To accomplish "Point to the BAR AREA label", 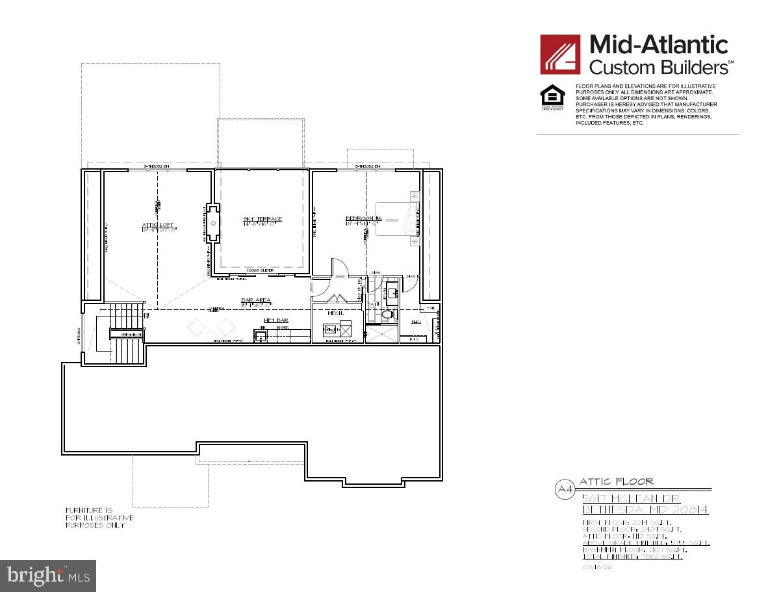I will (255, 300).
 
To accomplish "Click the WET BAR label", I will (275, 320).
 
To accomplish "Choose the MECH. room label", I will (335, 313).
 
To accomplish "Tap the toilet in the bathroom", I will (388, 315).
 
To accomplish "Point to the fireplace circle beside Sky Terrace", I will (212, 223).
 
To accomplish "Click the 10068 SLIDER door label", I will (260, 270).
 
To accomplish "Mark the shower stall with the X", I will (380, 333).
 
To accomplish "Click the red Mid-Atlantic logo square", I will (560, 55).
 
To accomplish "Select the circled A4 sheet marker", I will (564, 490).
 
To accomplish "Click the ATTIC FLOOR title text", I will (616, 482).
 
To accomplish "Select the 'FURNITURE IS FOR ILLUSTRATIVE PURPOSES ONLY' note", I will (99, 517).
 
